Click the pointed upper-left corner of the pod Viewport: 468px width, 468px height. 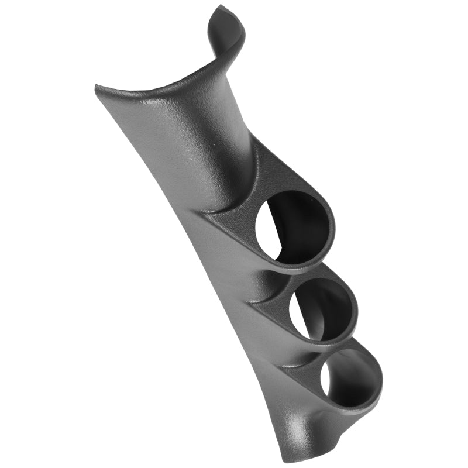click(98, 88)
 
